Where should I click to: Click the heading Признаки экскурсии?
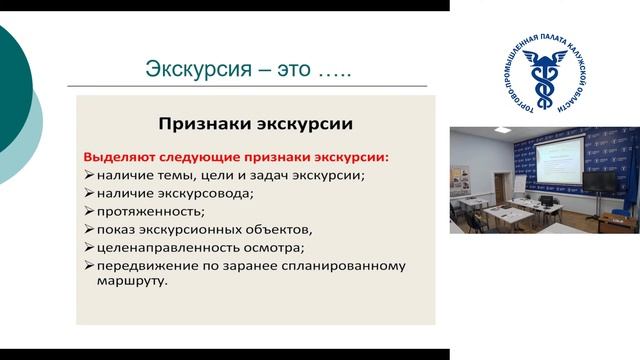click(x=255, y=125)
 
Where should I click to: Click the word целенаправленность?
click(x=170, y=247)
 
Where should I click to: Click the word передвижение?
click(x=147, y=265)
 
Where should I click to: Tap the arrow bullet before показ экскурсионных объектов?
click(x=88, y=229)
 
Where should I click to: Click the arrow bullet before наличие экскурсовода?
click(x=88, y=193)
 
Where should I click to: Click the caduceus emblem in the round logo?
click(x=545, y=74)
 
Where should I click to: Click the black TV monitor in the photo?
click(x=604, y=182)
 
